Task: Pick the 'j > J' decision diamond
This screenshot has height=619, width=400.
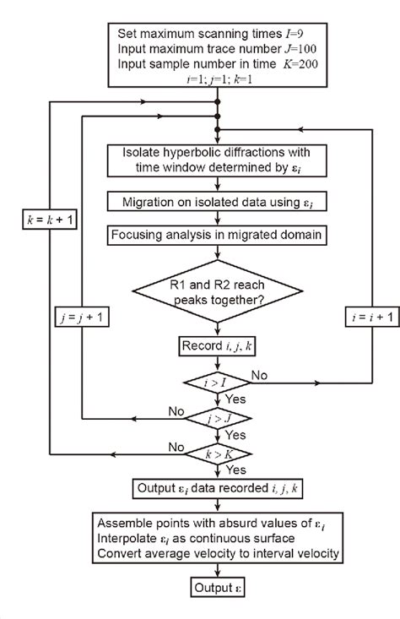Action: click(x=218, y=417)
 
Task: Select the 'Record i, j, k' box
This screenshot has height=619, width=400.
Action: click(x=218, y=345)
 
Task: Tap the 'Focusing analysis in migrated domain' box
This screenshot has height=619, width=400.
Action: click(x=219, y=232)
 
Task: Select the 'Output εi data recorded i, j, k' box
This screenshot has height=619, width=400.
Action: click(x=219, y=488)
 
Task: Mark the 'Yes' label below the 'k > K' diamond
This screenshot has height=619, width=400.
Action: click(x=235, y=470)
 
